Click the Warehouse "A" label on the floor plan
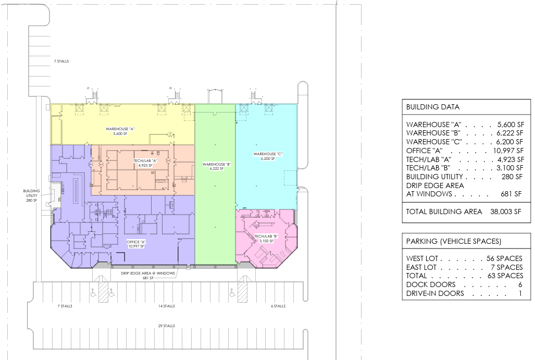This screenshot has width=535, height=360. coord(120,131)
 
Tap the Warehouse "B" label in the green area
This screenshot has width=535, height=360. coord(217,167)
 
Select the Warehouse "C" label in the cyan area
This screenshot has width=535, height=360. coord(268,156)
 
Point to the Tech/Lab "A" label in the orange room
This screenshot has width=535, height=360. coord(145,163)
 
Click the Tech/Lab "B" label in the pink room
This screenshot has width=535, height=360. coord(266,239)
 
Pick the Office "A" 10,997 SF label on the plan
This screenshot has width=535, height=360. coord(136,244)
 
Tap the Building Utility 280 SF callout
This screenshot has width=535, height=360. coord(31,195)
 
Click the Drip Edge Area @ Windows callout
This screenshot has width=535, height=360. coord(148,276)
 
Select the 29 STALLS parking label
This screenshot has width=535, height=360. coord(167,326)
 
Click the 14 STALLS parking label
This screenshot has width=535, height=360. coord(167,306)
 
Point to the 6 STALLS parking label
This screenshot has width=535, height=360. coord(278,306)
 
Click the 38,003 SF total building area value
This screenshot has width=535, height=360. coord(506,212)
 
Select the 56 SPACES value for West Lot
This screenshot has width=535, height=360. coord(505,258)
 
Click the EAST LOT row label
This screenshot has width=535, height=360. coord(421,267)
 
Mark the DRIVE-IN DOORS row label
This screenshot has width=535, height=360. coord(435,293)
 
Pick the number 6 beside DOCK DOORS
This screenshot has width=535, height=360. coord(520,284)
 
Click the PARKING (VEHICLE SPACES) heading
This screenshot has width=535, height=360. coord(453,241)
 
